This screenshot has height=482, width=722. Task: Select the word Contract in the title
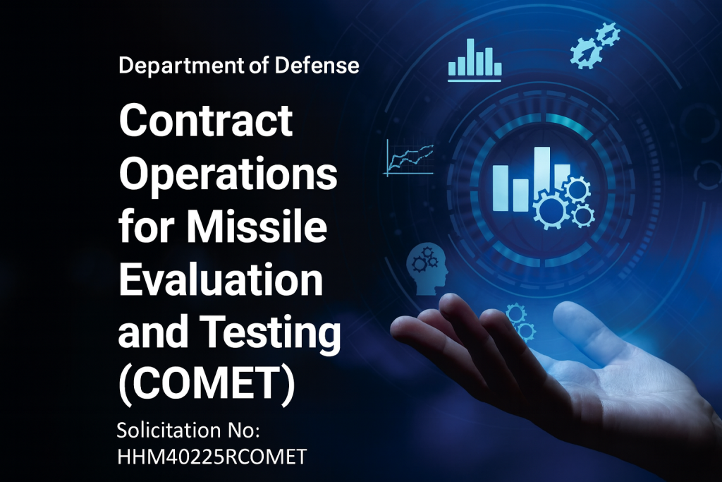206,121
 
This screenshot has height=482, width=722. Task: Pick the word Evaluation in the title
221,280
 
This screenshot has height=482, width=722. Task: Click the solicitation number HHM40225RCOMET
212,456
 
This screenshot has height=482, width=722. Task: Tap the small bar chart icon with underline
475,61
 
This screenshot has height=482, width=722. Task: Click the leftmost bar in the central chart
501,188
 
